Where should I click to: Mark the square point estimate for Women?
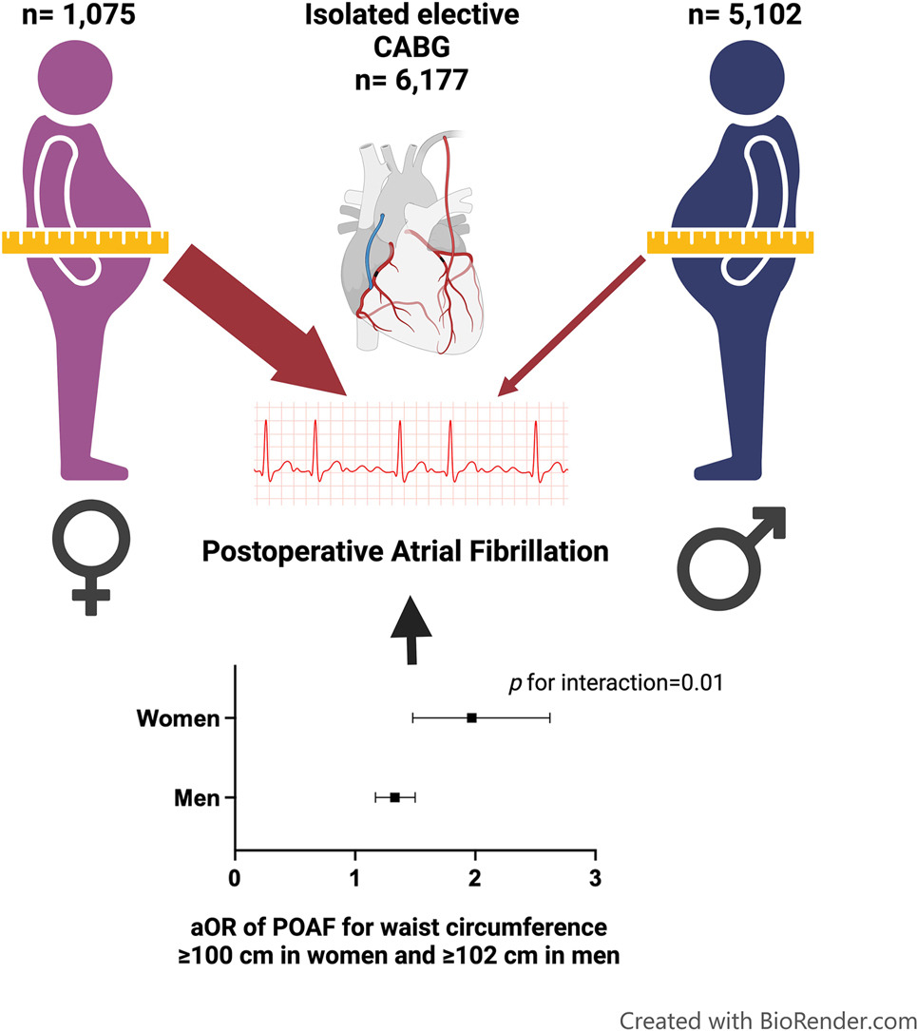click(471, 718)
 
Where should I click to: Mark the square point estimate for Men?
click(394, 797)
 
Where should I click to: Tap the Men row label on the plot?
click(197, 797)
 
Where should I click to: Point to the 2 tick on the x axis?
click(475, 874)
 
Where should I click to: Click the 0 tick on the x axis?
click(235, 874)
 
